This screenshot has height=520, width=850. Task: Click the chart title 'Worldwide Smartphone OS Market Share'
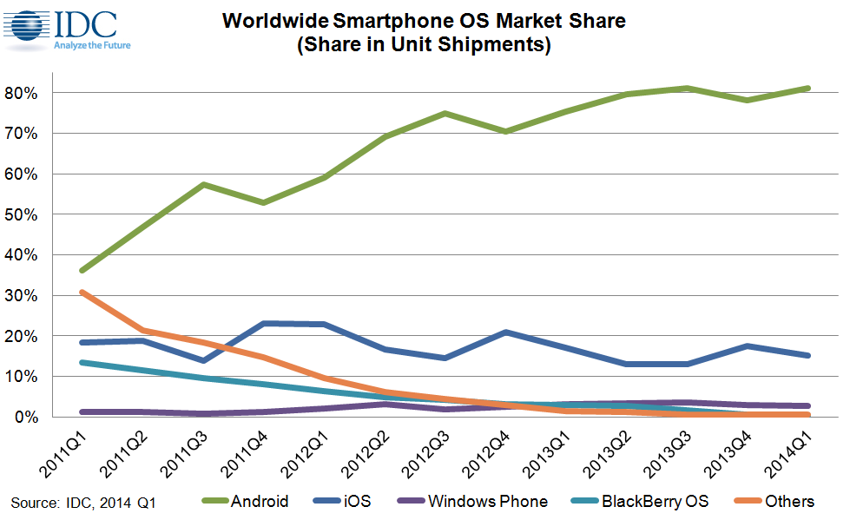tap(424, 21)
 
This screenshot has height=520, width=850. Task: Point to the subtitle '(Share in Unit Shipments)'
tap(424, 46)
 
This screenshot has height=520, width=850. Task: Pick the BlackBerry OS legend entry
tap(650, 501)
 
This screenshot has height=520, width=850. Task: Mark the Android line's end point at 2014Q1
tap(809, 88)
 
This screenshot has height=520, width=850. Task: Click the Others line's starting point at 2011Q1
tap(81, 292)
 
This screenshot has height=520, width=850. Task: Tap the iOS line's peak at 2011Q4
tap(263, 323)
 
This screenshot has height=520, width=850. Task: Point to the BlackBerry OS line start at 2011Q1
tap(81, 362)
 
